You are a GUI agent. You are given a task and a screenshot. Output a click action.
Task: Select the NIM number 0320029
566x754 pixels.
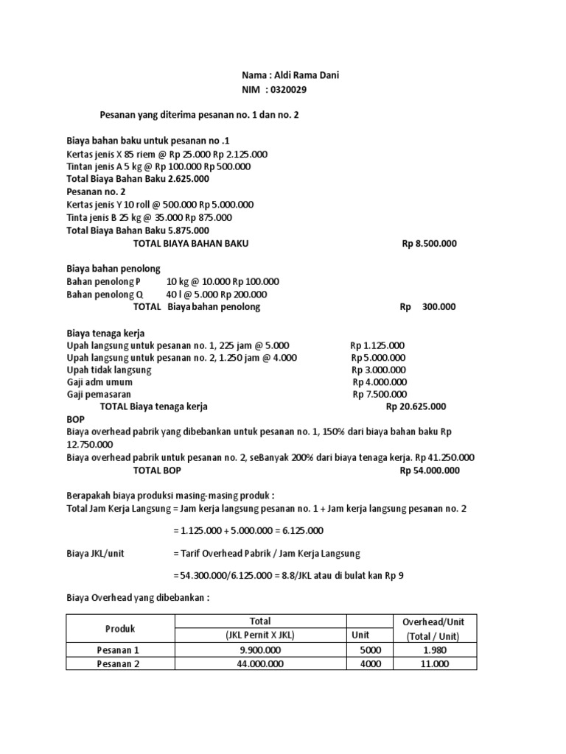(290, 89)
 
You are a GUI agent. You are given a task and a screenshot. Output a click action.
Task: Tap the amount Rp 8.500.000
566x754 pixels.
(429, 243)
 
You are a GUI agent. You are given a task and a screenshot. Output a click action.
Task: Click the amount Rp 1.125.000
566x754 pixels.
(377, 345)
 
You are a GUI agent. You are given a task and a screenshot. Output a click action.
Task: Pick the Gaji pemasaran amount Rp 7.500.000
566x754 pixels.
(380, 394)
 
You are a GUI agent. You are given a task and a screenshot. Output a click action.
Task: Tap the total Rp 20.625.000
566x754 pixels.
(416, 406)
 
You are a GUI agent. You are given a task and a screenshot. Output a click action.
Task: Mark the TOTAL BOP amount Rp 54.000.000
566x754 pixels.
(430, 471)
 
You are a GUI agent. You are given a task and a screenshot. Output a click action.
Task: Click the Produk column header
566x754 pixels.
(119, 628)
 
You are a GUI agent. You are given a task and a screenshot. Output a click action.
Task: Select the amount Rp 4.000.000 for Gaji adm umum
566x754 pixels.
(380, 382)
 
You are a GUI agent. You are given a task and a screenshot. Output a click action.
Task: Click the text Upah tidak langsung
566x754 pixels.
(109, 370)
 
